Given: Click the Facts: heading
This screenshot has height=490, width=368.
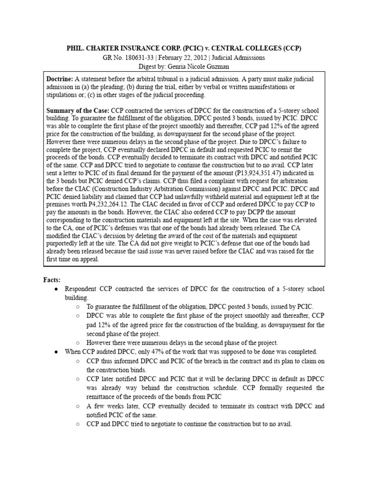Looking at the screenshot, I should pos(52,279).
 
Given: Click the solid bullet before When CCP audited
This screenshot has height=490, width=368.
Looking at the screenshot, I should pos(57,351).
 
